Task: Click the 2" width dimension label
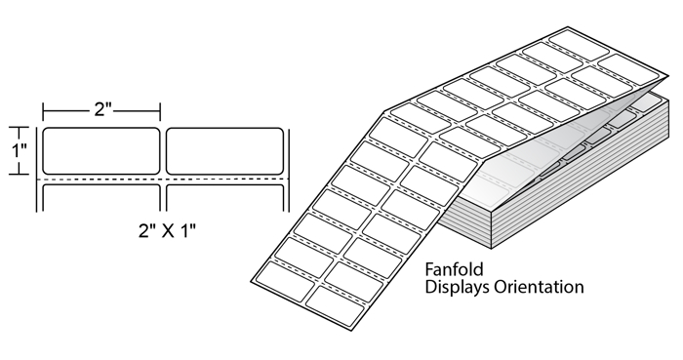pyautogui.click(x=102, y=109)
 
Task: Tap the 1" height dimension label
pyautogui.click(x=19, y=151)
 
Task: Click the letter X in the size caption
pyautogui.click(x=168, y=230)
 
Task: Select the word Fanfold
pyautogui.click(x=454, y=269)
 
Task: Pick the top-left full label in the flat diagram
pyautogui.click(x=101, y=151)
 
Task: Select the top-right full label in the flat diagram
pyautogui.click(x=224, y=151)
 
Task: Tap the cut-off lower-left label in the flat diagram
pyautogui.click(x=101, y=198)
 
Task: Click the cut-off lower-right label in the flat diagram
pyautogui.click(x=224, y=198)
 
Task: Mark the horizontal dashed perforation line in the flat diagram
pyautogui.click(x=163, y=180)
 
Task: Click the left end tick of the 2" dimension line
pyautogui.click(x=43, y=112)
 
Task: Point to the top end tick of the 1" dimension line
pyautogui.click(x=19, y=128)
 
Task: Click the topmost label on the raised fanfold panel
pyautogui.click(x=579, y=46)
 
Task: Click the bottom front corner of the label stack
pyautogui.click(x=492, y=250)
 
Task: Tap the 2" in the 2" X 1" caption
pyautogui.click(x=147, y=230)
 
